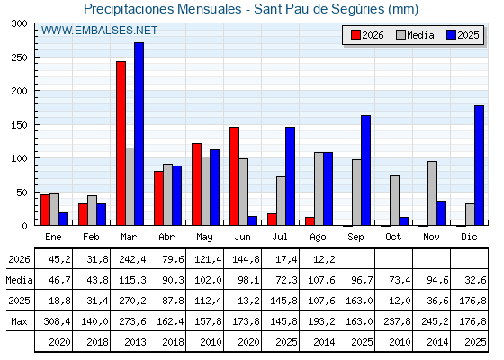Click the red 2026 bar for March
[121, 143]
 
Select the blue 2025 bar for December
[479, 166]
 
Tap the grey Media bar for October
[394, 201]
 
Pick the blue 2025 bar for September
[365, 170]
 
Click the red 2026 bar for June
[234, 176]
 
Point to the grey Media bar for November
[432, 193]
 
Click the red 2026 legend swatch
[355, 35]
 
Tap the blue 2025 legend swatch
[451, 35]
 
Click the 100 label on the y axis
[19, 158]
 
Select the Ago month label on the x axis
[318, 238]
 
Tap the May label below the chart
[204, 238]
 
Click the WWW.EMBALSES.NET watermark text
[99, 31]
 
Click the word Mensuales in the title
[209, 9]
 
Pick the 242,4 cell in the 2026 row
[132, 259]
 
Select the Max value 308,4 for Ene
[57, 321]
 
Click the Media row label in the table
[19, 280]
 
